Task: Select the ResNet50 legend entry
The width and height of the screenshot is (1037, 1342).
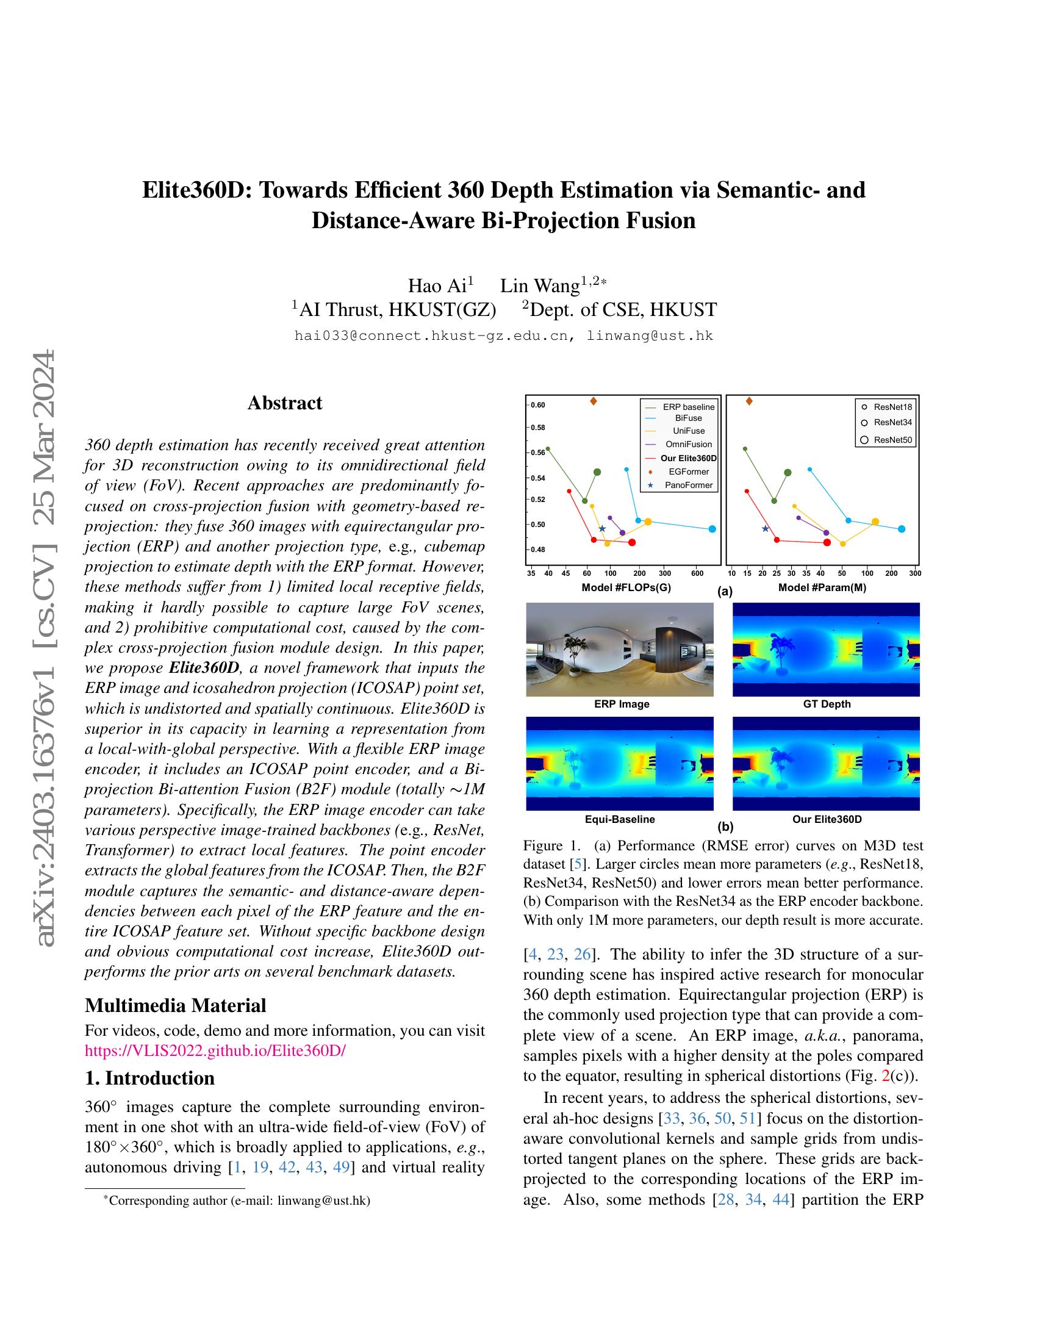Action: click(x=892, y=440)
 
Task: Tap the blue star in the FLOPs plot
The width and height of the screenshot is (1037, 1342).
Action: click(x=602, y=528)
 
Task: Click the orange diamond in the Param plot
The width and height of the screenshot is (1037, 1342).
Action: click(x=749, y=401)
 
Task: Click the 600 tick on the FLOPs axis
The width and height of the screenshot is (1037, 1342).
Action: click(x=697, y=573)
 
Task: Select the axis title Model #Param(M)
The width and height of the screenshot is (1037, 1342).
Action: click(x=822, y=587)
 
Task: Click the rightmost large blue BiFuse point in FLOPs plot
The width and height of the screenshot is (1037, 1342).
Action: click(x=712, y=529)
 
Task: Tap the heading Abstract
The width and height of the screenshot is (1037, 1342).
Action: click(x=284, y=403)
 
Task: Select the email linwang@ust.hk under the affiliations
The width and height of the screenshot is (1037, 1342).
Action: click(x=650, y=335)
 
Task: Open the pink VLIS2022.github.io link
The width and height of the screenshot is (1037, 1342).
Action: click(x=215, y=1050)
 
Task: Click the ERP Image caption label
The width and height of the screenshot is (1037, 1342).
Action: click(x=621, y=704)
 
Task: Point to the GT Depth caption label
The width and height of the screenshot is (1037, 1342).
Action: click(x=827, y=704)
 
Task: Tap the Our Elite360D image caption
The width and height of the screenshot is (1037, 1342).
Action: click(x=827, y=819)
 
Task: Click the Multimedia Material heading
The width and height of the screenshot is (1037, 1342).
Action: click(x=175, y=1005)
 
